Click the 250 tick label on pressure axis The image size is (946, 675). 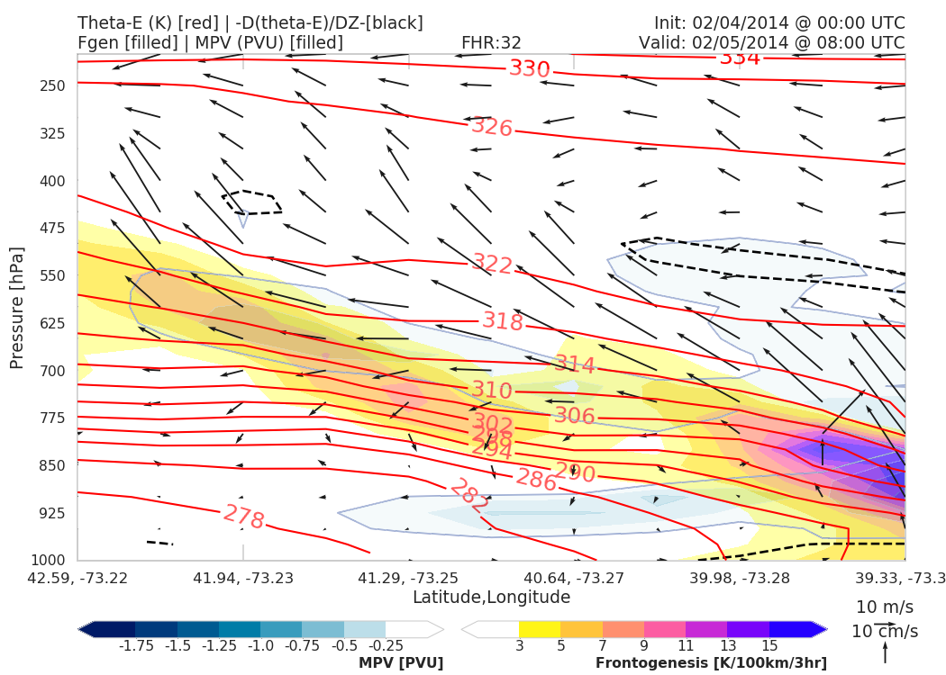(x=53, y=85)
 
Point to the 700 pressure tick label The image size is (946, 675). (x=53, y=371)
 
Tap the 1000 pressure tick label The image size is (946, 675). (x=50, y=560)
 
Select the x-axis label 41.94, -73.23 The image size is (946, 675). (x=243, y=577)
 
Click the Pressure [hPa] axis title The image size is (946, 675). (x=16, y=307)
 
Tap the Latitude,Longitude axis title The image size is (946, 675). (x=491, y=598)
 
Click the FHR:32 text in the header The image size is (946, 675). (x=491, y=42)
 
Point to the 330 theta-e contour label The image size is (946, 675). (x=529, y=68)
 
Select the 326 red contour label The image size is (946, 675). (x=492, y=127)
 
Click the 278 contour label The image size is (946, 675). (x=243, y=517)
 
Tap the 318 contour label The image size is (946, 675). (x=503, y=321)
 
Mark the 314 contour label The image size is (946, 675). (x=575, y=364)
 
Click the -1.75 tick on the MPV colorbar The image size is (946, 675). (x=135, y=645)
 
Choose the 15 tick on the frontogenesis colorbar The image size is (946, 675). (x=769, y=645)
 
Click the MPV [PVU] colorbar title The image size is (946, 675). (x=401, y=663)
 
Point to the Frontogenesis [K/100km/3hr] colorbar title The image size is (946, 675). (x=711, y=663)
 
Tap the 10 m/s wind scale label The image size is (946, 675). (x=884, y=607)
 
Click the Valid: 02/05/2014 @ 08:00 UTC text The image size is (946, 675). (x=771, y=42)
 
